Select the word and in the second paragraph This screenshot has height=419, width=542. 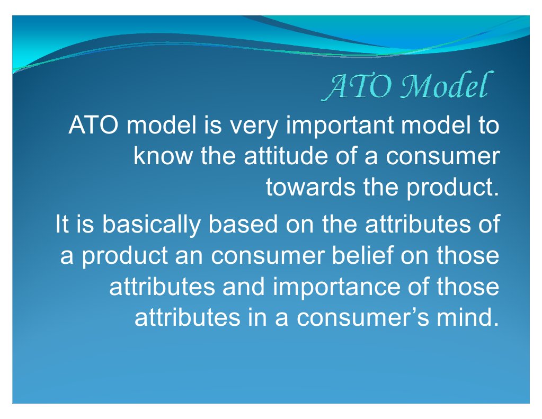coord(241,287)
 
